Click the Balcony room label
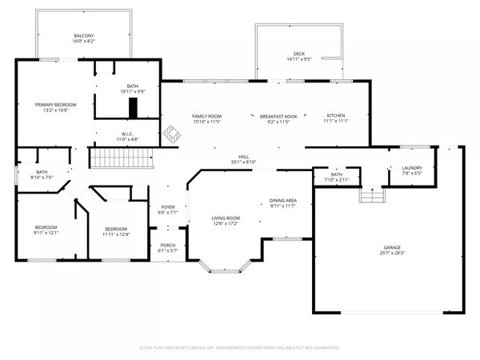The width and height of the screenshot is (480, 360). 84,36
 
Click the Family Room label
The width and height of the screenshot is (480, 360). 206,117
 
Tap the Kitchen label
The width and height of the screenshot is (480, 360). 336,117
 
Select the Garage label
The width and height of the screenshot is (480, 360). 391,249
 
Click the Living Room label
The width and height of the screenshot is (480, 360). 226,218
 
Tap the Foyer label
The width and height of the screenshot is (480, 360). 167,209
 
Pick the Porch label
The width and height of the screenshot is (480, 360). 167,246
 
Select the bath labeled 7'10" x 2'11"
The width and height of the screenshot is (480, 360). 336,176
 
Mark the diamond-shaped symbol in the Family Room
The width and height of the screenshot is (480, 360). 170,134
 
